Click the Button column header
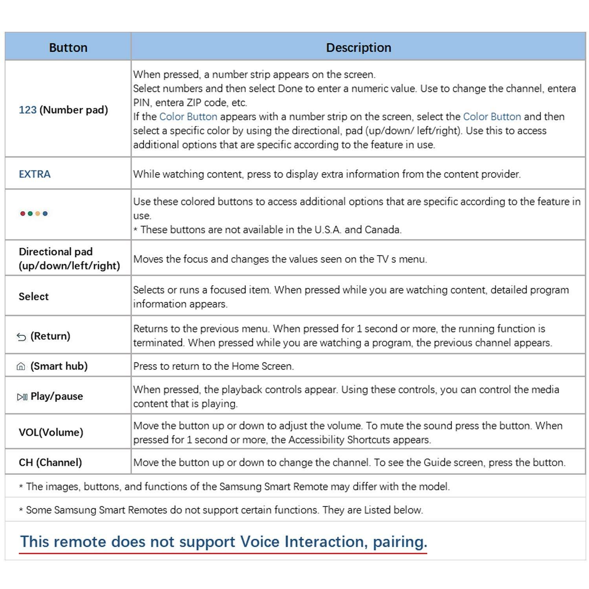68,48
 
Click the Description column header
358,48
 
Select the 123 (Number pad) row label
63,110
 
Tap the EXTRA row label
35,174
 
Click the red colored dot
23,214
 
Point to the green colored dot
30,214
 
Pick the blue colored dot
45,214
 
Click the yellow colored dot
38,214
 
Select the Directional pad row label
69,258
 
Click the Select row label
34,296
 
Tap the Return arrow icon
21,337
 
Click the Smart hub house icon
21,366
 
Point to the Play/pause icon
22,397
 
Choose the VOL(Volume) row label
51,432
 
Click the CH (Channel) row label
50,462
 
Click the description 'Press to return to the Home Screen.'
213,366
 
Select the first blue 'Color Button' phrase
188,117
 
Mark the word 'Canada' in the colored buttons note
382,229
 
